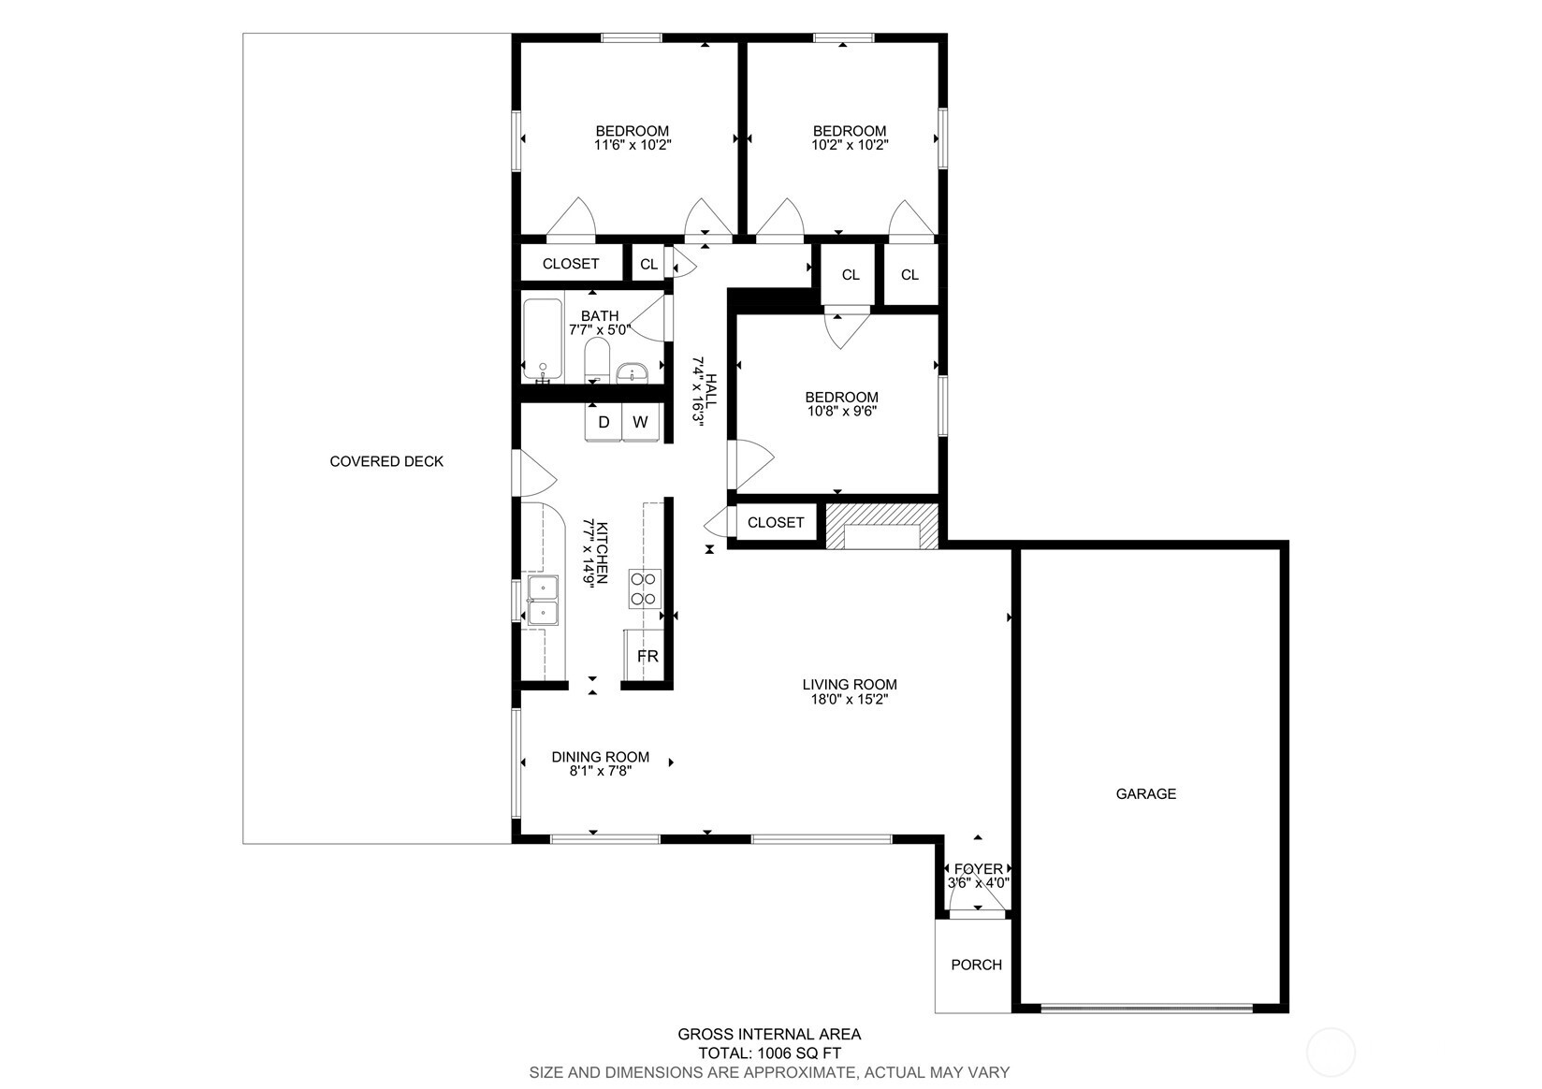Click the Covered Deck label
386,461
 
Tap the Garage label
1145,793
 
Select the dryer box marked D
604,422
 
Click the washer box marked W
640,422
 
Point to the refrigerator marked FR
647,657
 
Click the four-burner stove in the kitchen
645,588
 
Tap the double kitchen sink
543,600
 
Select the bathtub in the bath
542,341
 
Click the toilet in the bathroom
597,360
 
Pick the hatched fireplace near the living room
880,526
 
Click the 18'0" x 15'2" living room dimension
849,698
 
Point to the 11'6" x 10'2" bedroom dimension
633,145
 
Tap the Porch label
976,965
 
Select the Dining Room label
600,757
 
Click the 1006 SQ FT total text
769,1053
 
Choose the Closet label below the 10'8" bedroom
776,522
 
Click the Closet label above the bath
570,264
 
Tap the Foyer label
978,869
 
